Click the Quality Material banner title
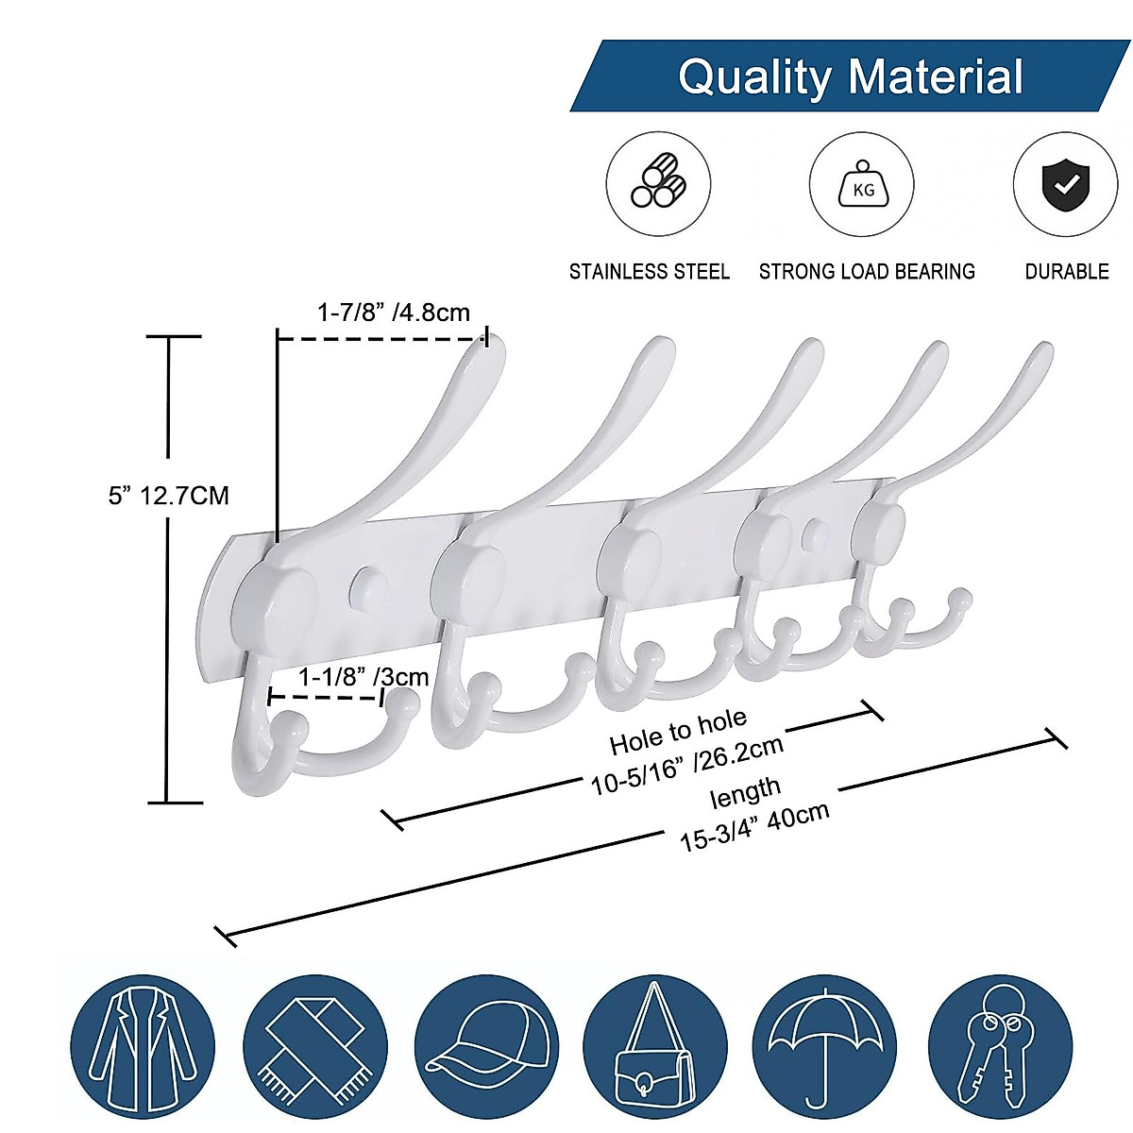[850, 76]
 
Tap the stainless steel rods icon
[658, 184]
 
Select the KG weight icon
[863, 184]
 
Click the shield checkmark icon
[1065, 184]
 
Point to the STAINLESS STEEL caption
[649, 272]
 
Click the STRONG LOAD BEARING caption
[867, 272]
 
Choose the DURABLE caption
[1067, 272]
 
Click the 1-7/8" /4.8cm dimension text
[393, 312]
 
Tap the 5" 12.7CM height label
[168, 495]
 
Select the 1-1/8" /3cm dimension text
[364, 676]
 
